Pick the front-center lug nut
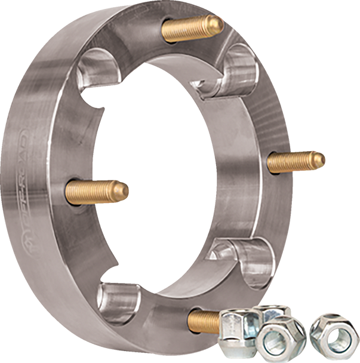click(x=281, y=341)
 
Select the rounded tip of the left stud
click(x=125, y=190)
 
